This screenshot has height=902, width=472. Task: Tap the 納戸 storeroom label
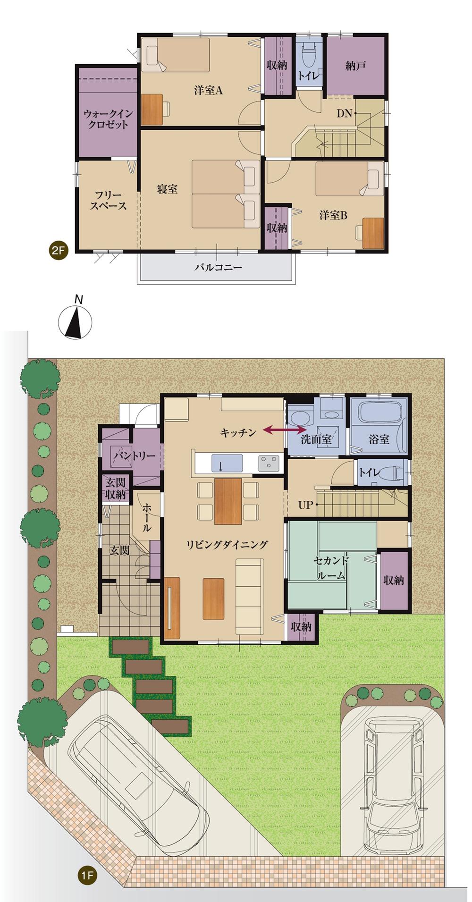(x=355, y=66)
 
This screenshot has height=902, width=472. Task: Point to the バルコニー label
(x=219, y=268)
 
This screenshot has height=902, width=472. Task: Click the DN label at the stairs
(x=344, y=113)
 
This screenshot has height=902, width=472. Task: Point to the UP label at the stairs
(x=305, y=505)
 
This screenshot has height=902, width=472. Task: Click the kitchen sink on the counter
(x=227, y=463)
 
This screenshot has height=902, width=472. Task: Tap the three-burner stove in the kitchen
(x=269, y=463)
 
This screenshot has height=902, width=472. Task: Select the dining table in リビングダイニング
(x=228, y=501)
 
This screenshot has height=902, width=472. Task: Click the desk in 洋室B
(x=373, y=232)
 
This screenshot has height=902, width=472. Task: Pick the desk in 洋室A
(x=152, y=110)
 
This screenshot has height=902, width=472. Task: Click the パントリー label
(x=134, y=456)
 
